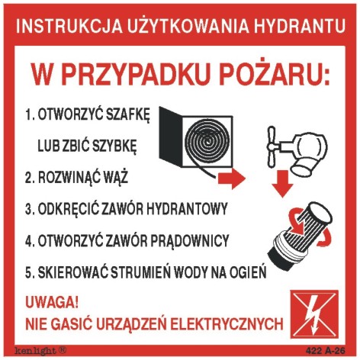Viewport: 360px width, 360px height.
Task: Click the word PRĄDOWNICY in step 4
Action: click(190, 240)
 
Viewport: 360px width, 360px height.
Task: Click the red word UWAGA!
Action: click(52, 303)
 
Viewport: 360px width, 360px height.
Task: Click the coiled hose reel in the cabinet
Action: click(207, 142)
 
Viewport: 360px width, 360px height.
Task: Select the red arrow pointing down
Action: click(283, 184)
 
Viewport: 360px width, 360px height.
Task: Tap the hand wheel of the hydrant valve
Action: click(272, 146)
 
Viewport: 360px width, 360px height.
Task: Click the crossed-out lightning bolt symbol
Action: click(314, 315)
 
